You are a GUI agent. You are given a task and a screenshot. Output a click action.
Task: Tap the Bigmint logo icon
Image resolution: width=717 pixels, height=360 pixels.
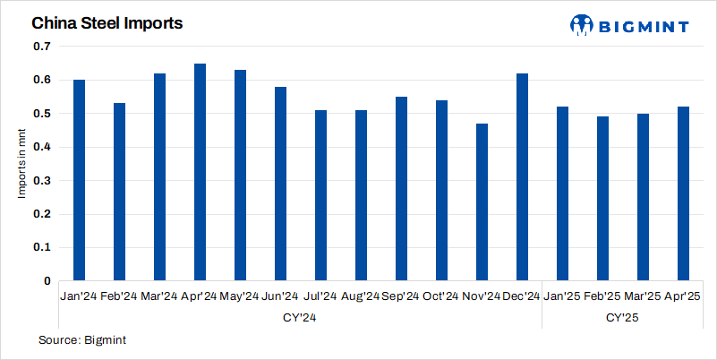click(582, 24)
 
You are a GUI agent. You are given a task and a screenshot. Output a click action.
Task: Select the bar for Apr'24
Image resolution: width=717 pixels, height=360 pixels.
click(200, 172)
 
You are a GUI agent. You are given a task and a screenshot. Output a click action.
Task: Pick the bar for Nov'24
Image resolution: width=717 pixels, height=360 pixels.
click(482, 202)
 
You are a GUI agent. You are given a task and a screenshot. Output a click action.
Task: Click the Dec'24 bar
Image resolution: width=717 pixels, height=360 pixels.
click(522, 177)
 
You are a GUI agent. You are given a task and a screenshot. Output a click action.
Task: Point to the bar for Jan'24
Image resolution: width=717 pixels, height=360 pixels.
click(79, 180)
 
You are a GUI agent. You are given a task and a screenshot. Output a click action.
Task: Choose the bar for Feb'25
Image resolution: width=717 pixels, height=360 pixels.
click(602, 199)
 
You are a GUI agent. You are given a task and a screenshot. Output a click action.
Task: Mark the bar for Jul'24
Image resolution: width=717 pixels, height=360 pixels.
click(320, 195)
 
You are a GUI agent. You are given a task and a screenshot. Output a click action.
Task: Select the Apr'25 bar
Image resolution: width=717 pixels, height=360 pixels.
click(683, 193)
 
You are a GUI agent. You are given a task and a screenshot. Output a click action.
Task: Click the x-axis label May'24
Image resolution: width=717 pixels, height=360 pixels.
click(239, 296)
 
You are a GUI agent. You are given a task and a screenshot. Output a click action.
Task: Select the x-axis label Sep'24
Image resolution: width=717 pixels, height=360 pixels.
click(400, 296)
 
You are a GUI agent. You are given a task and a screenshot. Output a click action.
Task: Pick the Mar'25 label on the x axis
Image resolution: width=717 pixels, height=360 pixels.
click(642, 296)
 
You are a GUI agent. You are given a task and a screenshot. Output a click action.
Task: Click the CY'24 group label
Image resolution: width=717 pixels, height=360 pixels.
click(300, 317)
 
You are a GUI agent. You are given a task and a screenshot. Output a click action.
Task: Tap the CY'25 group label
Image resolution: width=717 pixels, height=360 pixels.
click(622, 317)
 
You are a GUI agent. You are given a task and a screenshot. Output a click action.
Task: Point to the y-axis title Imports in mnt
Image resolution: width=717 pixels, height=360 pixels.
click(23, 164)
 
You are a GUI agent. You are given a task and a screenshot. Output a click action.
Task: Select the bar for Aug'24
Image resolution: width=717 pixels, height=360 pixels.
click(361, 195)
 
